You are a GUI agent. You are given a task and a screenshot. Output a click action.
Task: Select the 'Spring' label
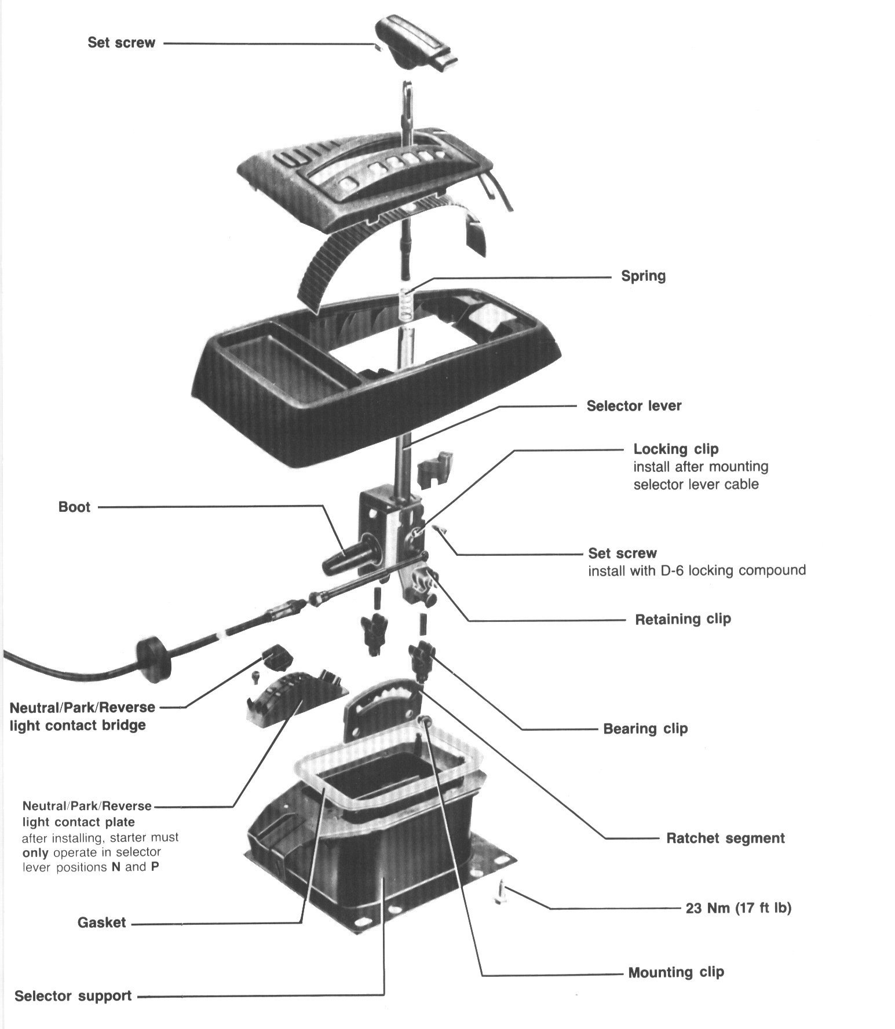pyautogui.click(x=643, y=276)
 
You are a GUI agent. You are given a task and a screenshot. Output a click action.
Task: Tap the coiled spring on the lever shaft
pyautogui.click(x=407, y=303)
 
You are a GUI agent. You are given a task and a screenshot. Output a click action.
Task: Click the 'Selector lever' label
pyautogui.click(x=634, y=405)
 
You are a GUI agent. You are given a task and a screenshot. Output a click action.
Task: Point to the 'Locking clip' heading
pyautogui.click(x=675, y=449)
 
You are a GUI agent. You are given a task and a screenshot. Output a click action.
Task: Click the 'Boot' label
pyautogui.click(x=74, y=507)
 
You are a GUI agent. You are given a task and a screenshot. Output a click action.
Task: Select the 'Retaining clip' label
pyautogui.click(x=683, y=619)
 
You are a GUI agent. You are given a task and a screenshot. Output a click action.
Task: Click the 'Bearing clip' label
pyautogui.click(x=645, y=728)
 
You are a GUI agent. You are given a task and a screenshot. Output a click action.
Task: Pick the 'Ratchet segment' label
pyautogui.click(x=725, y=838)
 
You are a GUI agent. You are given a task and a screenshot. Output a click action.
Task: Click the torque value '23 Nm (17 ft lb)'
pyautogui.click(x=739, y=907)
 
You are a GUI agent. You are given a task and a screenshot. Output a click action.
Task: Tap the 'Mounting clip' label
pyautogui.click(x=676, y=972)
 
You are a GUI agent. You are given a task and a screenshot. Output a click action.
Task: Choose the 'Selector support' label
pyautogui.click(x=73, y=996)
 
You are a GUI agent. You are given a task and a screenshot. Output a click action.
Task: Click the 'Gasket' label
pyautogui.click(x=101, y=922)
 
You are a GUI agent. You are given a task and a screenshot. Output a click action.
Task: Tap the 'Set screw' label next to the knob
pyautogui.click(x=121, y=42)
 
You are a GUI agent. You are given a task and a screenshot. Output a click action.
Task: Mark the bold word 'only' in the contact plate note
pyautogui.click(x=35, y=853)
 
